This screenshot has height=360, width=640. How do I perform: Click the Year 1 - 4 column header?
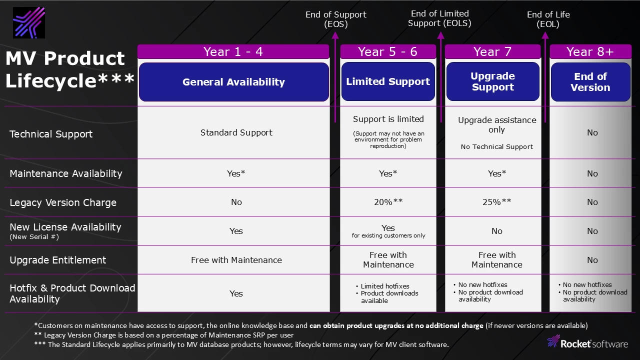[233, 51]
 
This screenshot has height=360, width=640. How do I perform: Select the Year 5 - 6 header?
[387, 51]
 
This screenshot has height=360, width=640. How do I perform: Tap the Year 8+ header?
[590, 51]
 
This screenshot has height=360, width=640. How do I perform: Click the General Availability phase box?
[233, 82]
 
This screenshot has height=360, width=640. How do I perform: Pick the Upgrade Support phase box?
[492, 81]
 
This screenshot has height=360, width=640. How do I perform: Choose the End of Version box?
[590, 82]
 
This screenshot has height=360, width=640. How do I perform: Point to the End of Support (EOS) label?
[335, 19]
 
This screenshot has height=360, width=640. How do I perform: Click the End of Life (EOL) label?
[548, 19]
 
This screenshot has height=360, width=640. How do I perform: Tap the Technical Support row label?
[51, 134]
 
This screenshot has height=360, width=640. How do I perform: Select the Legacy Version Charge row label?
[63, 202]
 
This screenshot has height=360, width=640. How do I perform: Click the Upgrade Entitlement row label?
[58, 260]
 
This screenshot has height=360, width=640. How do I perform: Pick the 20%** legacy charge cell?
[388, 202]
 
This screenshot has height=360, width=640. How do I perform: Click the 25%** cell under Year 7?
[496, 202]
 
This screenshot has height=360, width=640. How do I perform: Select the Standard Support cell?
[236, 132]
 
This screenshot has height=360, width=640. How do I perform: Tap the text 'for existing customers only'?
[388, 235]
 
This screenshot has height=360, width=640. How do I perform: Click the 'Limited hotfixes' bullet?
[384, 286]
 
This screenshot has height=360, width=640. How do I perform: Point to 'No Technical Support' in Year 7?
[496, 146]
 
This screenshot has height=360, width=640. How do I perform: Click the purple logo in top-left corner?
[29, 23]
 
